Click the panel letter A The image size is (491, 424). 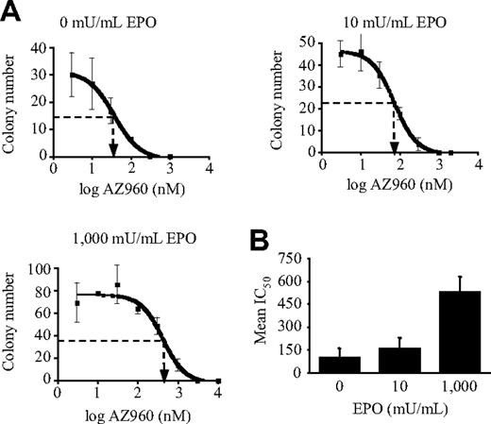pyautogui.click(x=12, y=12)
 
